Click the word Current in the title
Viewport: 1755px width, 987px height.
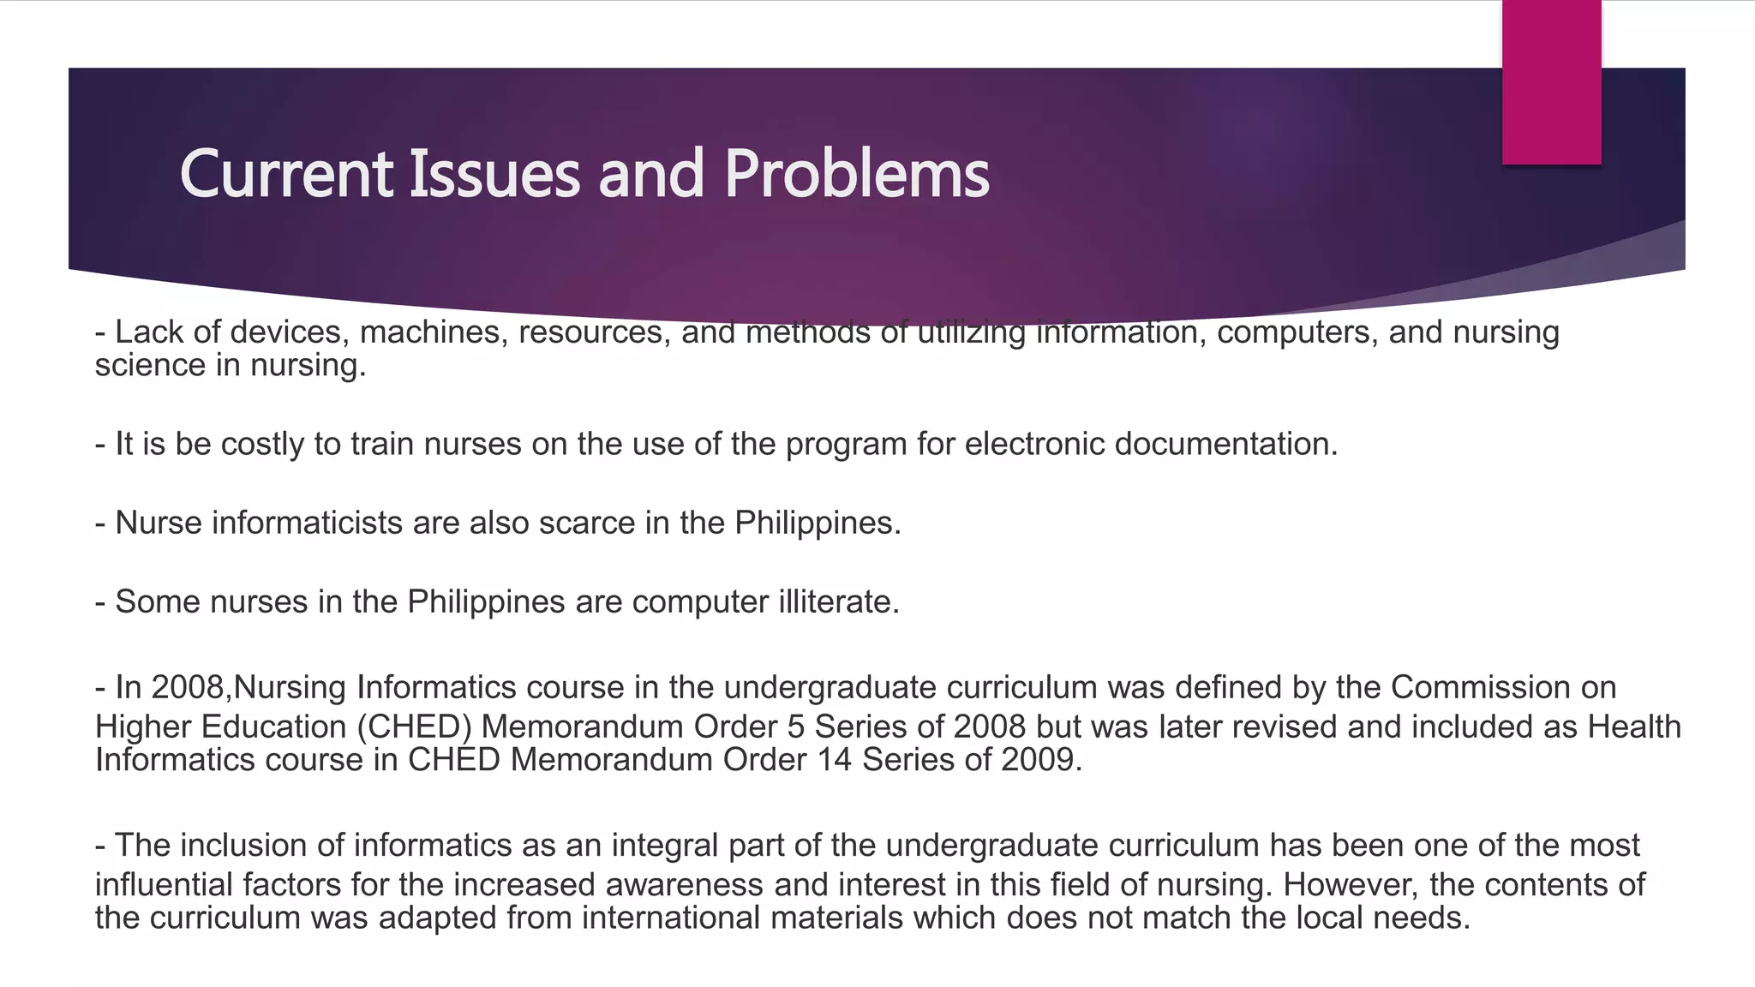286,174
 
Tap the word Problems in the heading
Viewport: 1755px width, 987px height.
856,174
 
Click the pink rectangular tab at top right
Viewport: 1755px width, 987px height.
1551,82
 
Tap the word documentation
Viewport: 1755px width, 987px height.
1226,444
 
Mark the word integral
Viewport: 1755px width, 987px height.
665,845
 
